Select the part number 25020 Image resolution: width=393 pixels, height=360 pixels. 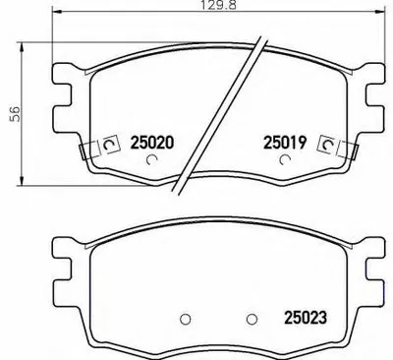tap(151, 142)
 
